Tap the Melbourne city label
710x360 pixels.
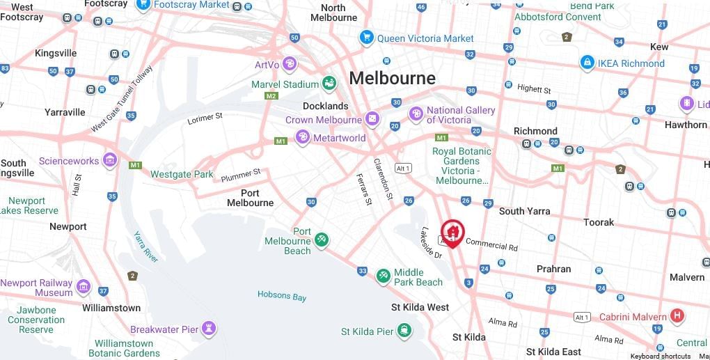[x=392, y=78]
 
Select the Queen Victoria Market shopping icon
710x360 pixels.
[x=366, y=38]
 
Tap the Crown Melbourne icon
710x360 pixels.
[x=372, y=120]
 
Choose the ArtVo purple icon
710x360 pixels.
[x=289, y=65]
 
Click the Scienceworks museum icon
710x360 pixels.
[x=109, y=161]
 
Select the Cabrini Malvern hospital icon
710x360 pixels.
[x=677, y=317]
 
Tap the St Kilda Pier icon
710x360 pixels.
[x=404, y=331]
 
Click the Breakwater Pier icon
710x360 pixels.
[x=209, y=329]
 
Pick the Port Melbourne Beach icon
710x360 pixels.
[x=321, y=240]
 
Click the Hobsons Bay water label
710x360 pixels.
[x=282, y=296]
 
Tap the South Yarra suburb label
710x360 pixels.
[x=524, y=211]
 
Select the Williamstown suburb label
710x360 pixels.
[x=111, y=308]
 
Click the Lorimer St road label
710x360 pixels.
[x=205, y=119]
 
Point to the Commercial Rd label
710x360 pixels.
[x=491, y=244]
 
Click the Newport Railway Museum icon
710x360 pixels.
[x=84, y=287]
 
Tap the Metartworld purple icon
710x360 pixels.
[x=302, y=137]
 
